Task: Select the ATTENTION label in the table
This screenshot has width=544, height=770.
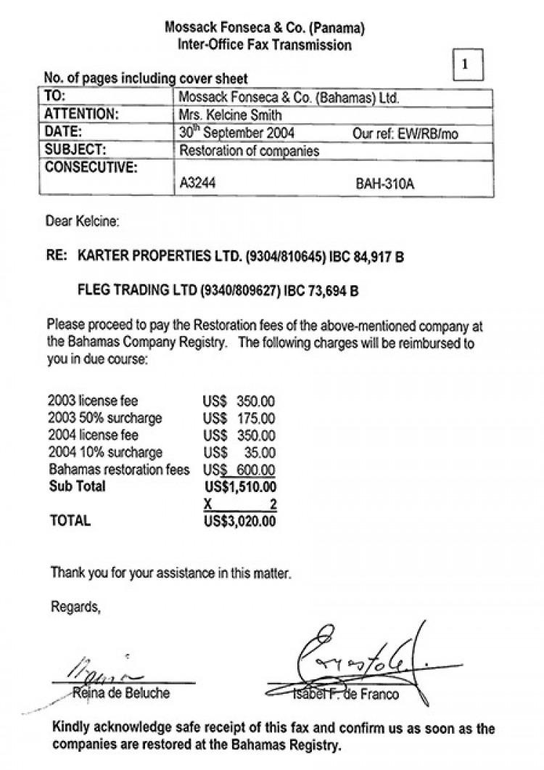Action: (81, 115)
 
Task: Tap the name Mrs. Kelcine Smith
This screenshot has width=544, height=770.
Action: (230, 115)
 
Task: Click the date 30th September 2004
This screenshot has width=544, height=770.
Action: (236, 133)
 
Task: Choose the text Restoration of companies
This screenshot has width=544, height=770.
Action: (249, 151)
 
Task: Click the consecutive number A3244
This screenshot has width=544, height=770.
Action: (197, 184)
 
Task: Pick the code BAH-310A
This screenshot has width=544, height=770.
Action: (384, 184)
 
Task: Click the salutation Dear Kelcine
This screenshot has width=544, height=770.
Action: (83, 220)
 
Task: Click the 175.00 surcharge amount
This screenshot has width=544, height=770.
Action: (256, 418)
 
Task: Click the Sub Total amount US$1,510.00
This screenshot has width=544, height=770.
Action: (240, 486)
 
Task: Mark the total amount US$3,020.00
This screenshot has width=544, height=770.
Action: (240, 520)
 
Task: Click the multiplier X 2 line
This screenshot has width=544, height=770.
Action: (240, 504)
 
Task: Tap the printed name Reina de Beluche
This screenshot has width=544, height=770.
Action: (121, 693)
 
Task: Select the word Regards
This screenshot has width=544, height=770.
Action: (75, 607)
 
